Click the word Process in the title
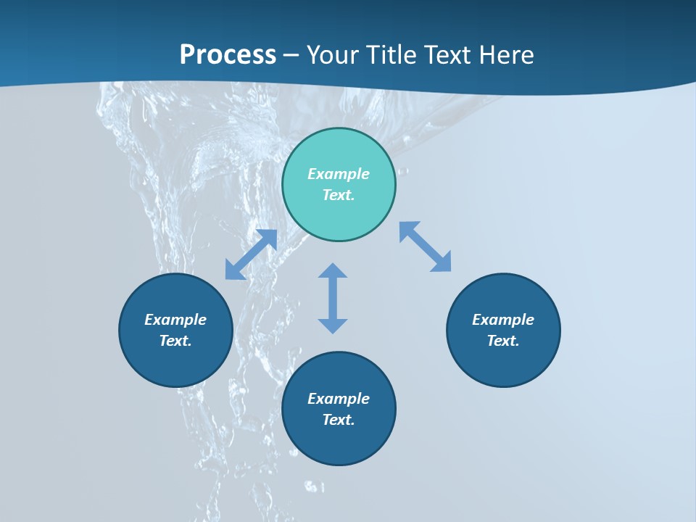coord(228,55)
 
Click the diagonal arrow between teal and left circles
coord(251,254)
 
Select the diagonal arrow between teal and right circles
coord(426,246)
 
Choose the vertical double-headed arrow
coord(333,298)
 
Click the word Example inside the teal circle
coord(339,174)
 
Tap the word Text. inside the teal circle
coord(339,195)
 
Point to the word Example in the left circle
coord(175,320)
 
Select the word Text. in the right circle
coord(503,341)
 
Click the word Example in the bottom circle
coord(339,399)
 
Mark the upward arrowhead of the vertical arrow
coord(333,270)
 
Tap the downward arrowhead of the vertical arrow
coord(333,326)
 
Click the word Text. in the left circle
coord(175,341)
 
